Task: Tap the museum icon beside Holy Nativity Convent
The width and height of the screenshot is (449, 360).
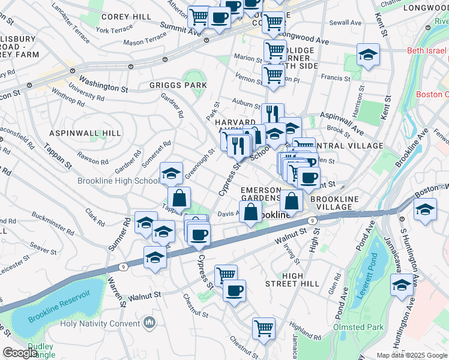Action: pos(149,324)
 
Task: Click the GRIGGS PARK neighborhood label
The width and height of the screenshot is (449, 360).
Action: pos(178,86)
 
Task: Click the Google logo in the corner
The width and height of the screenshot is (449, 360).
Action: pos(20,352)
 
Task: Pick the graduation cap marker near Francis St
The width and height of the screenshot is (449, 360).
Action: pos(368,56)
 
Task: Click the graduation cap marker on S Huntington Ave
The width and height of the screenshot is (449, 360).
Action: pos(402,285)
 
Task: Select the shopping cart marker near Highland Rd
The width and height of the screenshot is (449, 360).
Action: pos(264,328)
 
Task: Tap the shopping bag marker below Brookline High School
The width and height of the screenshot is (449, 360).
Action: pos(179,197)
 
